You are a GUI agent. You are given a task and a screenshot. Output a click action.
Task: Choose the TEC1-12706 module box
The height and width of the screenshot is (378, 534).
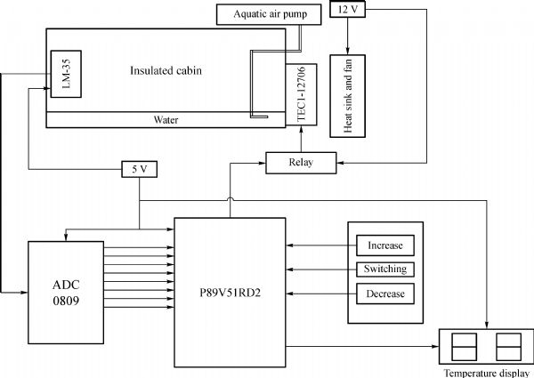(x=300, y=94)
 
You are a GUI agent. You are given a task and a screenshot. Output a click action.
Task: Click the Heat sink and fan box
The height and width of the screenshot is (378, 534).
(x=348, y=92)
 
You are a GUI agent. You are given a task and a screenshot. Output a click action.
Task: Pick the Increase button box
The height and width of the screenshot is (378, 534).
(x=384, y=245)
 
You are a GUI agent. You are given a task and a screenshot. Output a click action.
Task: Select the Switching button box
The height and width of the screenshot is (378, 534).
(x=384, y=269)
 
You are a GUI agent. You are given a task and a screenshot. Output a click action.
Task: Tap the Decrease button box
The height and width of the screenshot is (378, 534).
(x=384, y=294)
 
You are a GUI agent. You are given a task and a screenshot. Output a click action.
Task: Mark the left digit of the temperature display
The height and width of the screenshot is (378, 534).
(x=464, y=345)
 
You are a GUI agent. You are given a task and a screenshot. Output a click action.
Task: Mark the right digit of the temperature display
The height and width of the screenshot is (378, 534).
(x=507, y=345)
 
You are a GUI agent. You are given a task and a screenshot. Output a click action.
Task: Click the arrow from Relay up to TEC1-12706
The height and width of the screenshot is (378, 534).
(x=301, y=140)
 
